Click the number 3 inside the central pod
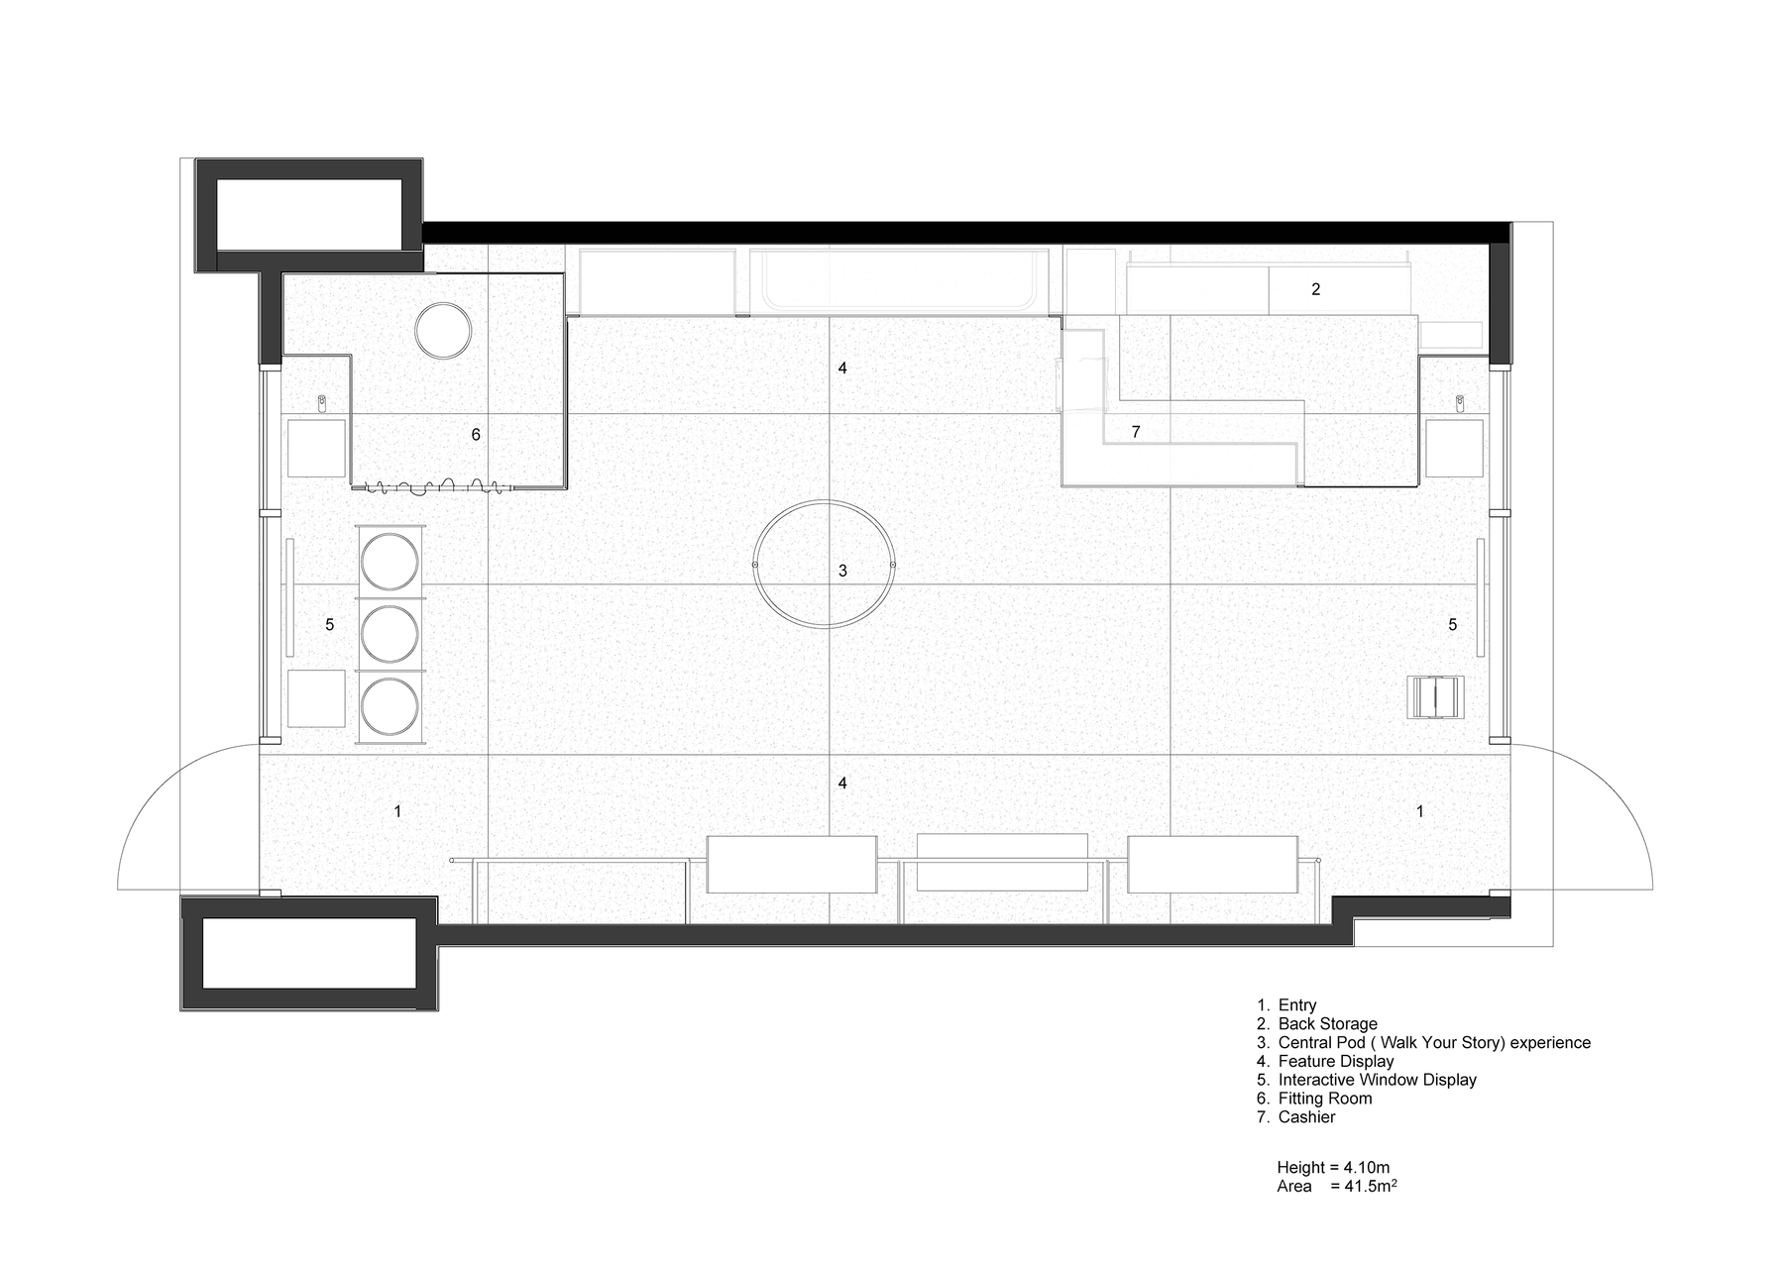(842, 571)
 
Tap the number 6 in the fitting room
(476, 434)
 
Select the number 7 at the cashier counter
(1136, 432)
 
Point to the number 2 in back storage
(1316, 289)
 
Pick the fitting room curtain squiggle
(432, 486)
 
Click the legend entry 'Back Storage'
(1327, 1024)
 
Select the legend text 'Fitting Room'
(1325, 1099)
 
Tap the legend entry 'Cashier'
(1306, 1117)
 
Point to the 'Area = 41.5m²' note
(1337, 1186)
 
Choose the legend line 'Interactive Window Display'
(1377, 1080)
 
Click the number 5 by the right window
(1453, 624)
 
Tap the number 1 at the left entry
(397, 811)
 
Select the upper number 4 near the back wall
(842, 368)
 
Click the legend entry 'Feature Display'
(1336, 1061)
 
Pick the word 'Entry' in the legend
(1297, 1005)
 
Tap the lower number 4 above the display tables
(842, 784)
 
